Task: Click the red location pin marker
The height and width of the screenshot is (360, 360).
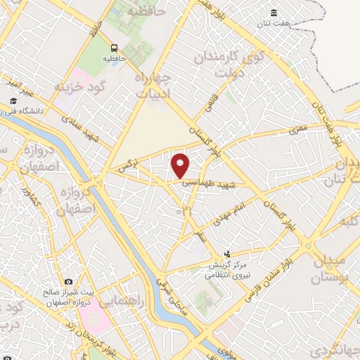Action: (x=181, y=165)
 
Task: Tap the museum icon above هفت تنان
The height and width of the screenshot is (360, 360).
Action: (x=274, y=13)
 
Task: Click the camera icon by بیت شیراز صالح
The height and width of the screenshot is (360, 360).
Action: (x=69, y=282)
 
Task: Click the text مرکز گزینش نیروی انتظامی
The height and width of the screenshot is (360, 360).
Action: (x=227, y=271)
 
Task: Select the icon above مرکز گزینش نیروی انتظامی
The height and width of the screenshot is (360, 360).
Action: (x=226, y=254)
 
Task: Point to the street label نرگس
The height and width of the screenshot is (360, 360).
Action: (x=126, y=166)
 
